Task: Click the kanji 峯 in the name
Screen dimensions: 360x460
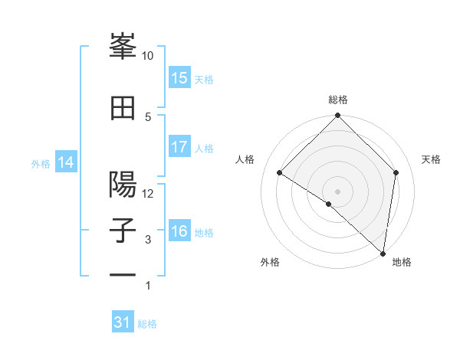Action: pyautogui.click(x=123, y=48)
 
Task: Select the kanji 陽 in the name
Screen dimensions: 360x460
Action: pyautogui.click(x=123, y=185)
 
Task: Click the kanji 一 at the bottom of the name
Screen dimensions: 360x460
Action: pyautogui.click(x=123, y=274)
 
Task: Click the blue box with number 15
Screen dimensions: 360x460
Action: pyautogui.click(x=179, y=78)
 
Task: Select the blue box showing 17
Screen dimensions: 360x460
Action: pyautogui.click(x=179, y=147)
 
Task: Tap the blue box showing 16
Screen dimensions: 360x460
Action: pyautogui.click(x=179, y=231)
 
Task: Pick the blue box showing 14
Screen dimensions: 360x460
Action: pyautogui.click(x=66, y=162)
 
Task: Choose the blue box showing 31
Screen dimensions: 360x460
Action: pyautogui.click(x=122, y=322)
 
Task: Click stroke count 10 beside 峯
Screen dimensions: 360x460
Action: pyautogui.click(x=148, y=56)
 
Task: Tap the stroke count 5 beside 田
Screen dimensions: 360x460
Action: pyautogui.click(x=148, y=116)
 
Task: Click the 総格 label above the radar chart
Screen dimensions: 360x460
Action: pyautogui.click(x=338, y=100)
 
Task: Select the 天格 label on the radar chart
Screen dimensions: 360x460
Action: pyautogui.click(x=431, y=159)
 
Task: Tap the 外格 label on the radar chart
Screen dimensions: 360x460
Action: pyautogui.click(x=270, y=262)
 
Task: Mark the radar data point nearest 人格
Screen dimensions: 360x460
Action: pyautogui.click(x=280, y=173)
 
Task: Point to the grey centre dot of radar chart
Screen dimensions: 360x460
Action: pyautogui.click(x=337, y=191)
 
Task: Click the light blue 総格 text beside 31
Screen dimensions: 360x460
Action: pyautogui.click(x=147, y=324)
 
